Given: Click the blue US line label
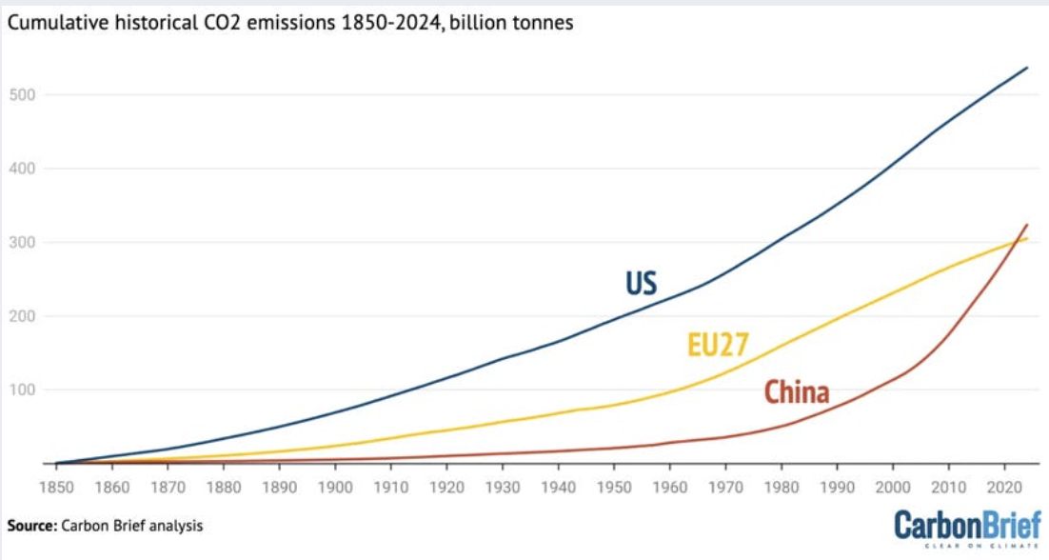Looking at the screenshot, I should pos(642,284).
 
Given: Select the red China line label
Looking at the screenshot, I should pos(797,391).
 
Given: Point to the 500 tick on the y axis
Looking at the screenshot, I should pos(22,95).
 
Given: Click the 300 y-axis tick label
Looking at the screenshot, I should pos(22,243).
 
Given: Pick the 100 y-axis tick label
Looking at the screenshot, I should pos(22,390).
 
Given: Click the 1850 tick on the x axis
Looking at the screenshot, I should pos(56,487).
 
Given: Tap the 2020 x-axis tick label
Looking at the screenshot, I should pos(1004,487).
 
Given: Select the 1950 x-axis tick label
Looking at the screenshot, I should pos(614,487).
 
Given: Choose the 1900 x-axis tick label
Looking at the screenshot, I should pos(335,487).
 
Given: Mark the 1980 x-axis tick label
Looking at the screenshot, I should pos(782,487).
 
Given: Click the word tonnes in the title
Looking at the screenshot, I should pos(543,23).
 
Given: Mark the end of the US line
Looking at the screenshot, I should pos(1027,68).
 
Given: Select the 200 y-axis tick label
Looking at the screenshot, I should pos(22,316).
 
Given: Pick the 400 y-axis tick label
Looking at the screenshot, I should pos(22,170).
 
